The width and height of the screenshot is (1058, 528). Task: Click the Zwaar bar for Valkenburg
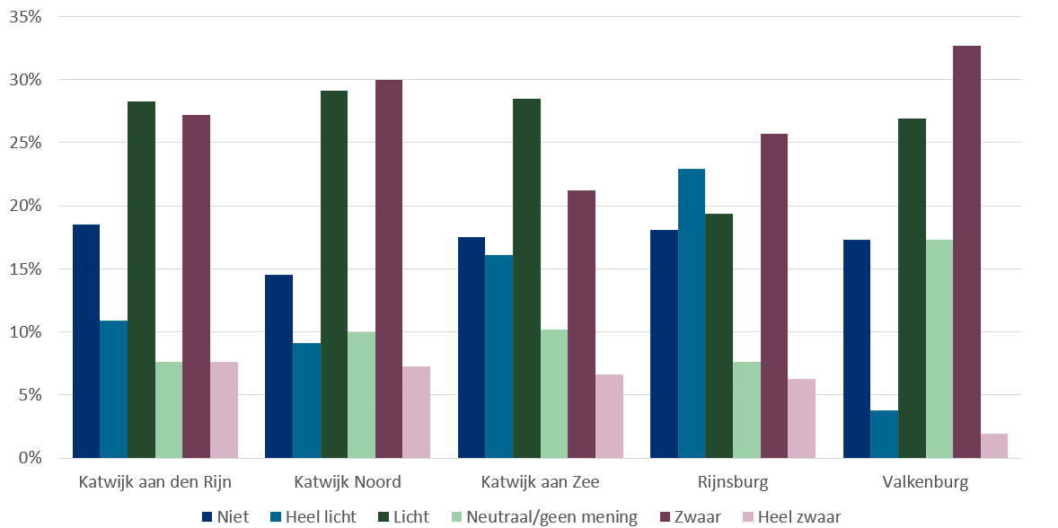[x=966, y=251]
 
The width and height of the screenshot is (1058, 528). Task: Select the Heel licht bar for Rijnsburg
[x=692, y=313]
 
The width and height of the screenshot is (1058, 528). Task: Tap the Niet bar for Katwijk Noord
[x=278, y=366]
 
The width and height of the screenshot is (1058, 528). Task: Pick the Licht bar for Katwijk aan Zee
[x=526, y=278]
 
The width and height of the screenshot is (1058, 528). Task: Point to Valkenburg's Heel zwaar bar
[x=994, y=446]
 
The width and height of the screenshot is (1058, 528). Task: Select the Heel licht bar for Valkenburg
[x=884, y=434]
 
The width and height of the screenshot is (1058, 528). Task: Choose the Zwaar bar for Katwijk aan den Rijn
[x=196, y=286]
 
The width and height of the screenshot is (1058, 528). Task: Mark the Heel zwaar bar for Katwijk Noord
[x=416, y=412]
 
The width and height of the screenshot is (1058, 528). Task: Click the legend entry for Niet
[x=225, y=516]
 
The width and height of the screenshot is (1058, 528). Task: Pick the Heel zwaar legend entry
[x=790, y=516]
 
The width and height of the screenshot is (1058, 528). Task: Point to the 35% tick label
[x=23, y=17]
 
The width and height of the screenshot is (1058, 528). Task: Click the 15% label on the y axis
[x=23, y=268]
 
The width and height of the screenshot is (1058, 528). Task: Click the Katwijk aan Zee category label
[x=540, y=482]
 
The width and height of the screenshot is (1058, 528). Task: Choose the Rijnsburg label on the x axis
[x=733, y=482]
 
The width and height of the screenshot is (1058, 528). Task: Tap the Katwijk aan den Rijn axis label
[x=154, y=482]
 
